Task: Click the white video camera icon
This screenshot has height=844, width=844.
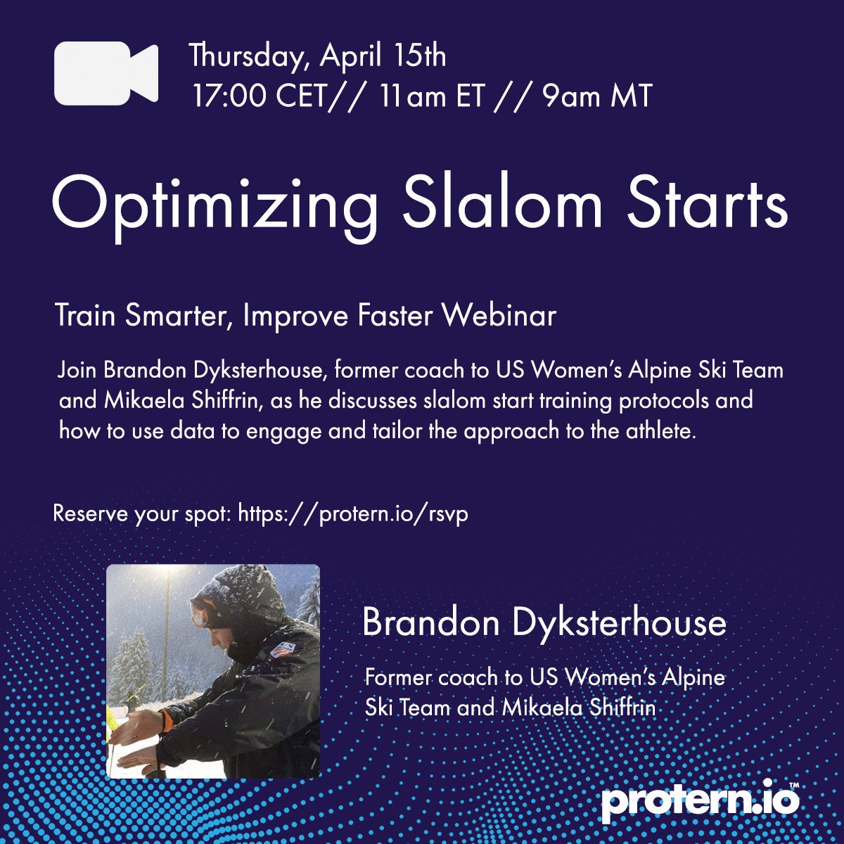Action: coord(105,74)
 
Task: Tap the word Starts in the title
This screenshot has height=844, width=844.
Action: coord(707,203)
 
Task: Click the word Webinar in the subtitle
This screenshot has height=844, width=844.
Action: coord(499,316)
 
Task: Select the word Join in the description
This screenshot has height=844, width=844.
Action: coord(77,370)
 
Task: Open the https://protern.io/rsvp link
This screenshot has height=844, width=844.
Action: coord(353,513)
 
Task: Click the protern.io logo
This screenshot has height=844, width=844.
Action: coord(701,801)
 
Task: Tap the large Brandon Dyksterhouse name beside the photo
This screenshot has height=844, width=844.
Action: coord(544,622)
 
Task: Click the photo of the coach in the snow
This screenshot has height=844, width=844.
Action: coord(213,672)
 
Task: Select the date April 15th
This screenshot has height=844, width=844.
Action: coord(383,56)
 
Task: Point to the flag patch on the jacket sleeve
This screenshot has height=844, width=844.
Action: coord(281,650)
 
